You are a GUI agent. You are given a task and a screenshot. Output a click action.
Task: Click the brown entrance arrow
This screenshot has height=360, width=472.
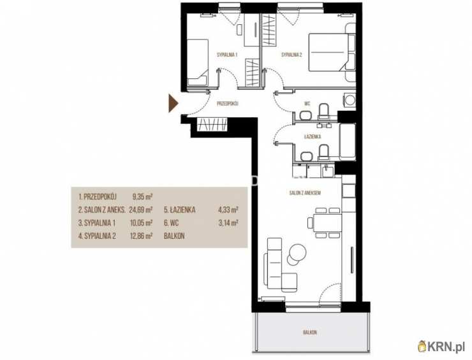point(173,103)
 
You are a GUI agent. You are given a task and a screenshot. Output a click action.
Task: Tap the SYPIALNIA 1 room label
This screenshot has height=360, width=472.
point(227,55)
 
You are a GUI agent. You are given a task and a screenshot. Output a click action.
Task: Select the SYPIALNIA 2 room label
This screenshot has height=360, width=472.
point(291,55)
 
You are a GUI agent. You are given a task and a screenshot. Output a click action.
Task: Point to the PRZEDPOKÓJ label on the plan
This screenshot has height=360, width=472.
point(228,104)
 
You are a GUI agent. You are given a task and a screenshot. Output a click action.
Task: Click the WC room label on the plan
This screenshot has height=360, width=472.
point(307,104)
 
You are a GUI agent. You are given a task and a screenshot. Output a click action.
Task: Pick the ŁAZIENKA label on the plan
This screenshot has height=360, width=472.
point(313,136)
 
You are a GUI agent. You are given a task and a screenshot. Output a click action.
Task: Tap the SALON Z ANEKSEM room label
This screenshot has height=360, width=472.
point(305,193)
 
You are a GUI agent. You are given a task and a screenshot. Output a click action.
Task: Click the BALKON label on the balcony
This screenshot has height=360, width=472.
point(310,333)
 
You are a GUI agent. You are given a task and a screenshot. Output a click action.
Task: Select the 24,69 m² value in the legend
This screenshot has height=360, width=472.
point(141,210)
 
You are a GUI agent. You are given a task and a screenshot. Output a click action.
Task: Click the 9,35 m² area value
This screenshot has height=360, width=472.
point(142,197)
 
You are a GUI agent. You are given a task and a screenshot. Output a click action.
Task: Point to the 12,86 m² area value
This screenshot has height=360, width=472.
point(141,236)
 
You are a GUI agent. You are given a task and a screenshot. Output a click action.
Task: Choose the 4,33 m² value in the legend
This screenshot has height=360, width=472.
point(228,210)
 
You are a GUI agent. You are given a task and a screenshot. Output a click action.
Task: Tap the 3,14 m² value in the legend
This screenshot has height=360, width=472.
point(228,223)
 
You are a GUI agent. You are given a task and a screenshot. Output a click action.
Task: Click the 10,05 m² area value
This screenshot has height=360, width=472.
point(141,223)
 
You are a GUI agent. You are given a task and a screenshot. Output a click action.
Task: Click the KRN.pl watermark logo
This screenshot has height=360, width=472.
point(441,347)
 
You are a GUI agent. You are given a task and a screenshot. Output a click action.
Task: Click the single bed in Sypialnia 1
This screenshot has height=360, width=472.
point(198,62)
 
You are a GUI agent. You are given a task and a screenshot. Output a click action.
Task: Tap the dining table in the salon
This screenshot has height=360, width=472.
point(327,223)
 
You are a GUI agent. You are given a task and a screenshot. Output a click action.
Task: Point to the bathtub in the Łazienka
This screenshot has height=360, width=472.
point(347,141)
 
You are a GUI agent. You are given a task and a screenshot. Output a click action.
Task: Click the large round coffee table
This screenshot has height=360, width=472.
point(297,250)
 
